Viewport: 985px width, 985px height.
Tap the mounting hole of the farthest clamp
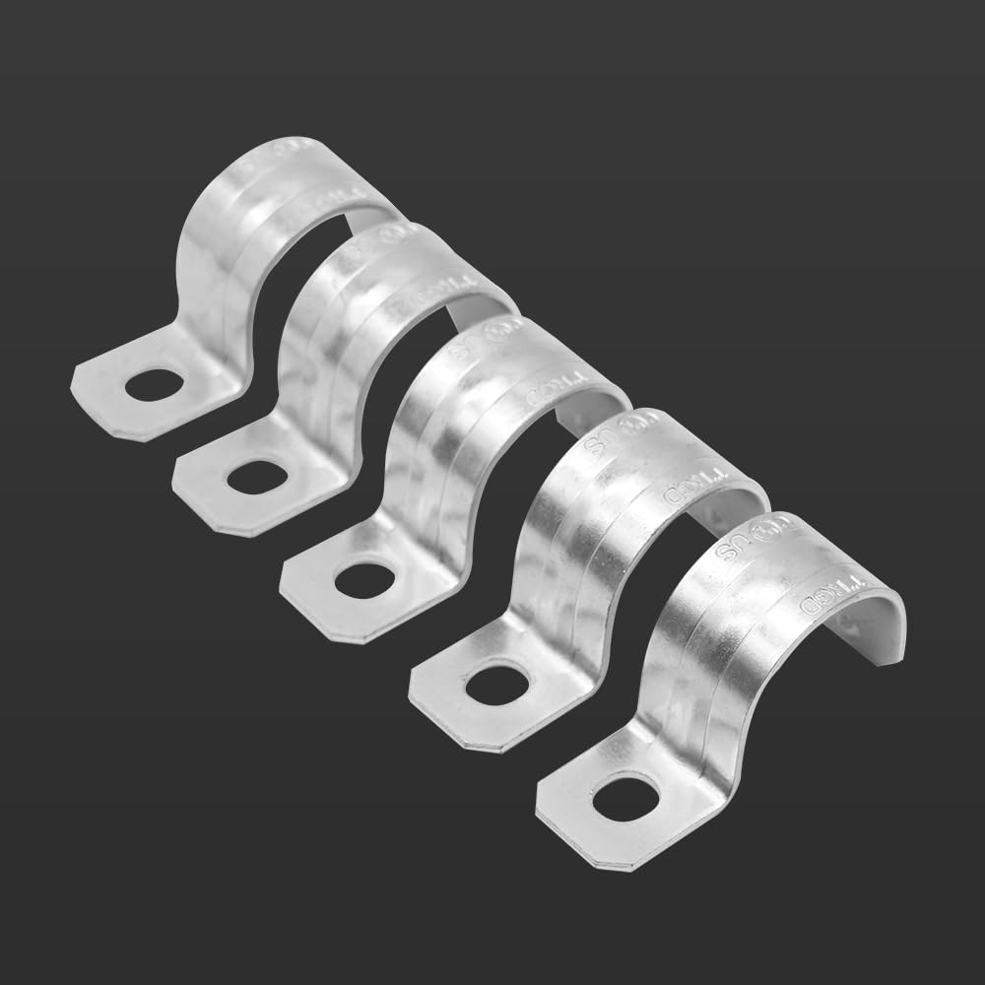coord(149,384)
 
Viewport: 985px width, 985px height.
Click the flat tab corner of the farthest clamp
coord(84,379)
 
